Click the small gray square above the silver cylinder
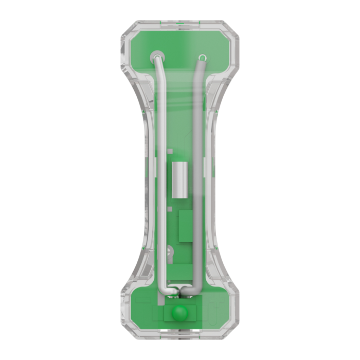[x=169, y=152]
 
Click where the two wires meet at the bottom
[x=178, y=292]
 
